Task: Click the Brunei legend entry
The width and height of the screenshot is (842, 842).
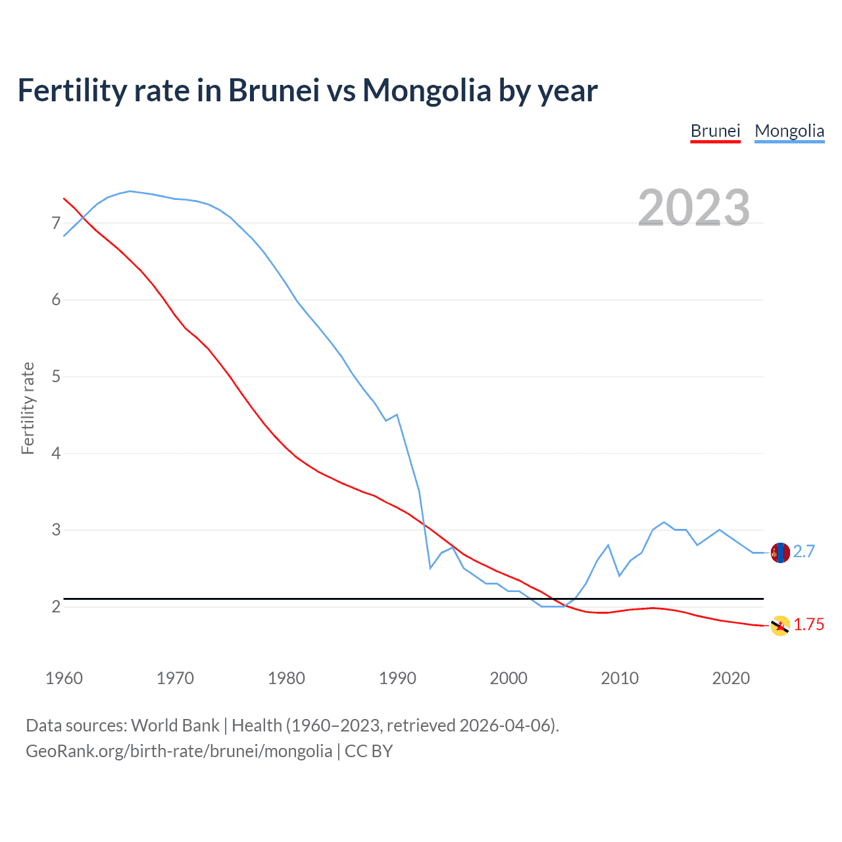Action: pos(715,131)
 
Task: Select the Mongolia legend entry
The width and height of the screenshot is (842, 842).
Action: pos(789,131)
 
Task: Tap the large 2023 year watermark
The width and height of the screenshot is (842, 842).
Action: pos(694,208)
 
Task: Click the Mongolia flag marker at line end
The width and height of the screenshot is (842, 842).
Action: pos(780,553)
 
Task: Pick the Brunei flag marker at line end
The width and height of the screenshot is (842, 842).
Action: pos(780,626)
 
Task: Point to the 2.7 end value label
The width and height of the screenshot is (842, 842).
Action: pos(804,552)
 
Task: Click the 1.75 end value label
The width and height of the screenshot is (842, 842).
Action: pos(808,625)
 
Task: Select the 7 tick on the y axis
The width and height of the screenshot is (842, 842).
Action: pos(56,224)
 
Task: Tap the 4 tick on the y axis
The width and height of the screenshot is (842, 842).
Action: pos(56,453)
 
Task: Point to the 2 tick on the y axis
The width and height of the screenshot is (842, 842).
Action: pos(56,607)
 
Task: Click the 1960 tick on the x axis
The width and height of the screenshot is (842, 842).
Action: pos(64,678)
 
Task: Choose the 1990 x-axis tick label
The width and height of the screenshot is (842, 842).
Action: pos(397,678)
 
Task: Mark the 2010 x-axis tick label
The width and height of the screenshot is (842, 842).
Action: pos(620,678)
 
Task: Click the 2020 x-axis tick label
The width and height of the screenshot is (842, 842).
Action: pos(731,678)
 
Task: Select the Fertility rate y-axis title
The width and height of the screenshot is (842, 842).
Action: pos(28,408)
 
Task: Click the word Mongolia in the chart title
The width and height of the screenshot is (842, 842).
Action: pos(426,91)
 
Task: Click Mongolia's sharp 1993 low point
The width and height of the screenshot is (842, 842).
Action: pos(430,568)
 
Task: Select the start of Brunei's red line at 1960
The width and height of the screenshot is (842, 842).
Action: pos(64,198)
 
